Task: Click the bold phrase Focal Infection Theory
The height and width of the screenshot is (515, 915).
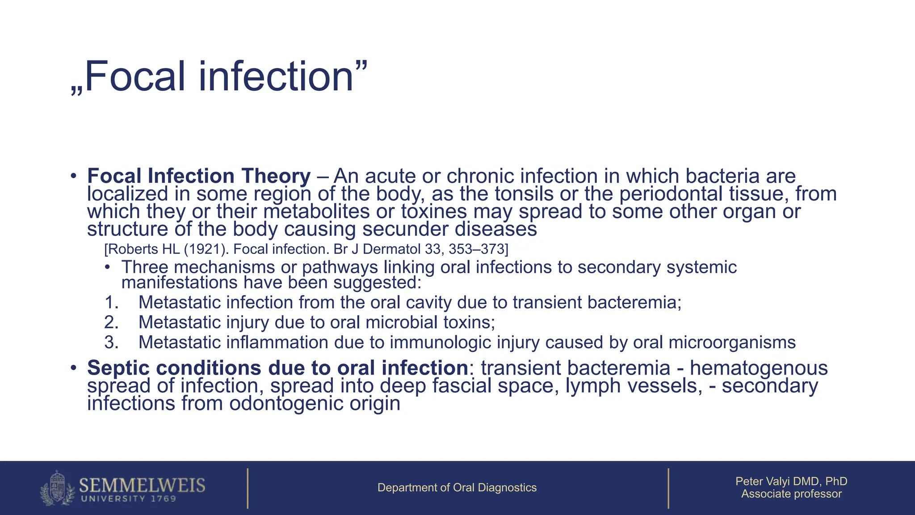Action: [198, 176]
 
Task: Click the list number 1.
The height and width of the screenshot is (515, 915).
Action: [111, 303]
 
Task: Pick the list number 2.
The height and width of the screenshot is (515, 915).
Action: [111, 323]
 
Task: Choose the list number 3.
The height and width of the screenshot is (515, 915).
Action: [111, 342]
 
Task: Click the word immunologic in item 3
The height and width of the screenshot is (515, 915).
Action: [441, 342]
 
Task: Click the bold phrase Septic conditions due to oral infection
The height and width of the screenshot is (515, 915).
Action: [277, 368]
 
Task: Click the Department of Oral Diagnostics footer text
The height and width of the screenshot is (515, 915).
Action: [457, 488]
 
